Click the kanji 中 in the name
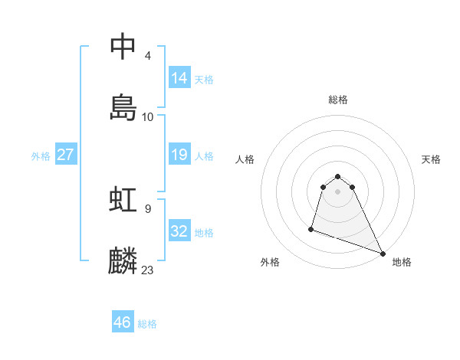pyautogui.click(x=123, y=47)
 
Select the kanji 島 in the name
pyautogui.click(x=123, y=107)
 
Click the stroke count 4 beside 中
pyautogui.click(x=147, y=56)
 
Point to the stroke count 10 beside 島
pyautogui.click(x=148, y=117)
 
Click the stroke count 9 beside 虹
pyautogui.click(x=147, y=208)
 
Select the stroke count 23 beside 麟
pyautogui.click(x=148, y=270)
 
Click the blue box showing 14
pyautogui.click(x=179, y=78)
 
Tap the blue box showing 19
pyautogui.click(x=179, y=155)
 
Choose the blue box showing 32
pyautogui.click(x=179, y=231)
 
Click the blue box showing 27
pyautogui.click(x=66, y=155)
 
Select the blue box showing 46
pyautogui.click(x=123, y=322)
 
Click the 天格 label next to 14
pyautogui.click(x=204, y=80)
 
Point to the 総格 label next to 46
pyautogui.click(x=147, y=324)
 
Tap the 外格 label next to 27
pyautogui.click(x=41, y=156)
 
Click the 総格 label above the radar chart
pyautogui.click(x=338, y=100)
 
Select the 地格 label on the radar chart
pyautogui.click(x=402, y=262)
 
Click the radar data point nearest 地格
pyautogui.click(x=382, y=254)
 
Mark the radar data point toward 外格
pyautogui.click(x=311, y=228)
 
